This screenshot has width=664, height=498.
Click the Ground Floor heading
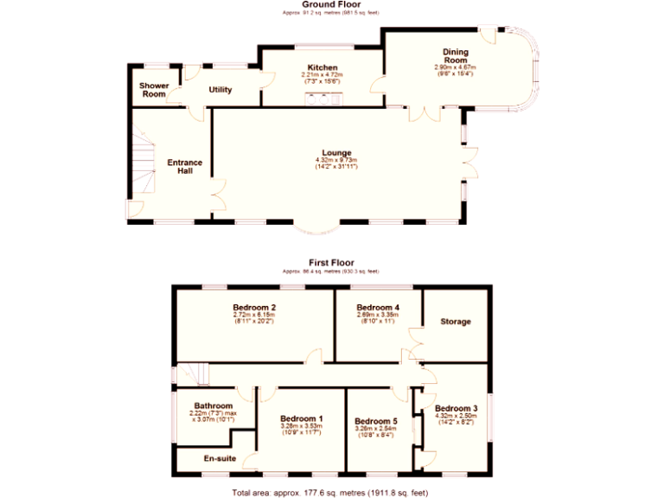point(330,4)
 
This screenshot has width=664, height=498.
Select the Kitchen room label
point(322,67)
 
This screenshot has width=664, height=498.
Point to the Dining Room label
point(456,56)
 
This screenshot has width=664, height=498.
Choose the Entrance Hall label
point(184,166)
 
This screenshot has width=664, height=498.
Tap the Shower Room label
point(154,90)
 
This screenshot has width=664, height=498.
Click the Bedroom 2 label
point(254,307)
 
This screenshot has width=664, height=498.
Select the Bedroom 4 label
point(378,307)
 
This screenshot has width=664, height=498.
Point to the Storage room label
point(456,322)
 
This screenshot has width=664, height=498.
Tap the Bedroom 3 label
point(456,408)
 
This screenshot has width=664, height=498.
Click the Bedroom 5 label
point(375,421)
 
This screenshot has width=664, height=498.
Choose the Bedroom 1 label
point(302,418)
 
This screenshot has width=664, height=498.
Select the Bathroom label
point(213,405)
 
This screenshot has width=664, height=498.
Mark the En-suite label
point(220,458)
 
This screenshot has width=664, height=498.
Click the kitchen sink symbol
point(322,96)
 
